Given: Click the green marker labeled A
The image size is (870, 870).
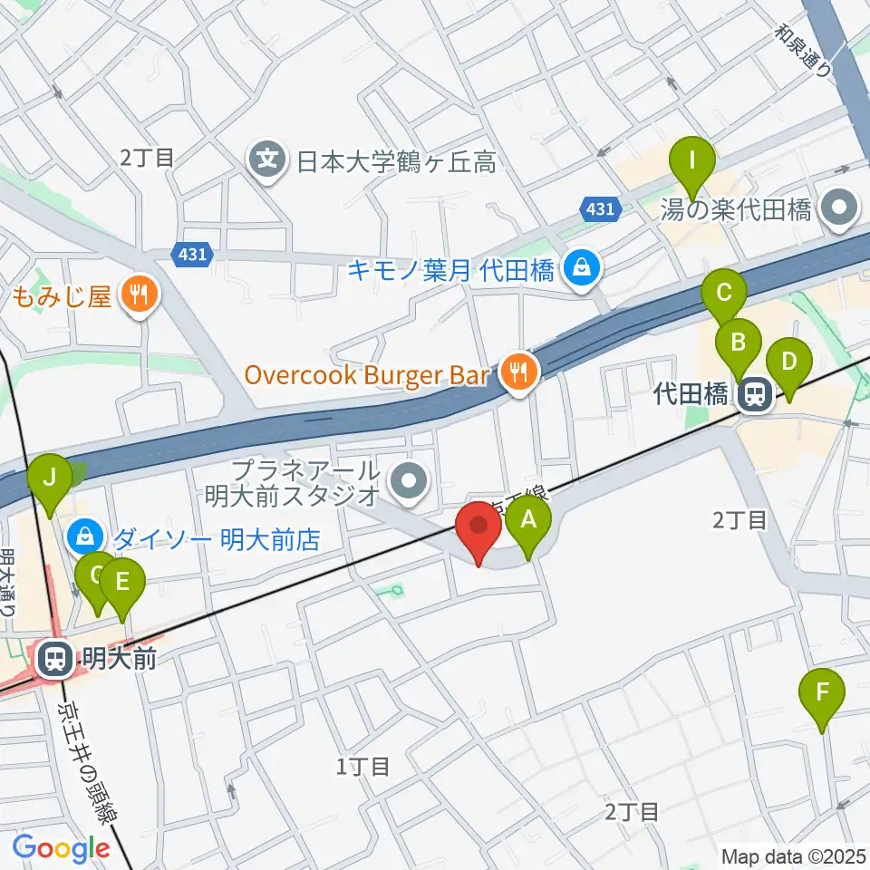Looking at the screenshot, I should tap(528, 522).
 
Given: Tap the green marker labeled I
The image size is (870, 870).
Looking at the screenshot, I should tap(692, 164).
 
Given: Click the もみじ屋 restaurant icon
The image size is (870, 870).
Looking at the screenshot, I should tap(140, 294).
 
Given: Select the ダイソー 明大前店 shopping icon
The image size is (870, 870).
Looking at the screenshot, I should tap(83, 538).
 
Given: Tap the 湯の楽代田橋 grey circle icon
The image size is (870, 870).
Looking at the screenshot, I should tap(838, 211).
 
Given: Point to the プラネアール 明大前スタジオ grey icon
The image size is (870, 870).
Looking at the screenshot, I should tap(411, 481).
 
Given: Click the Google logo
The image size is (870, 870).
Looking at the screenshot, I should tap(61, 849).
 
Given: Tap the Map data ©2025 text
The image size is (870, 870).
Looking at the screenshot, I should tap(794, 855).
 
